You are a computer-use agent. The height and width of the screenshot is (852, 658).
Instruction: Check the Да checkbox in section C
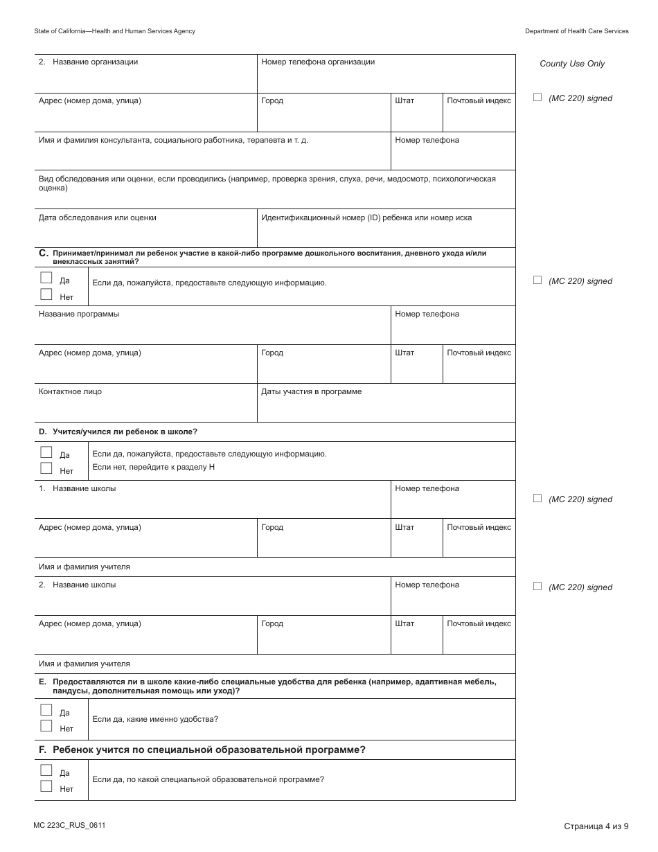tap(46, 278)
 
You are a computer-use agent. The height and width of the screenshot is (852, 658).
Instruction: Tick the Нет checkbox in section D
tap(46, 468)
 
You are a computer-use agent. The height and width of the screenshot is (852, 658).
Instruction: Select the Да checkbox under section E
tap(46, 710)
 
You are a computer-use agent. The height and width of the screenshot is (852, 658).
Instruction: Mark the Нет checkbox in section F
tap(46, 786)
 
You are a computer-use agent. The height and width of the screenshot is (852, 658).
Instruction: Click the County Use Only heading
tap(572, 64)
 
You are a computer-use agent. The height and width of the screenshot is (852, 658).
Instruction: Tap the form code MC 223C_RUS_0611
tap(69, 825)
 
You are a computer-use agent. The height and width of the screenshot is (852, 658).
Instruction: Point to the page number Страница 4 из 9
tap(596, 826)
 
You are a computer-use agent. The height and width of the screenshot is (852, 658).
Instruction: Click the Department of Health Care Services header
tap(576, 31)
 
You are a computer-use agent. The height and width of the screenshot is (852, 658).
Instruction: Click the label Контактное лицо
tap(70, 391)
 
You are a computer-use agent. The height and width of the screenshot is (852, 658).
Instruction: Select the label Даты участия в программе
tap(311, 391)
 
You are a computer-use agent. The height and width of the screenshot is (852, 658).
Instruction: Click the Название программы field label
tap(78, 314)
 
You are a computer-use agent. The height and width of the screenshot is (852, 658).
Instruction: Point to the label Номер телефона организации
tap(318, 62)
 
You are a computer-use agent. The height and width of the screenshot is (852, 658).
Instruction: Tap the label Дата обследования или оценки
tap(97, 218)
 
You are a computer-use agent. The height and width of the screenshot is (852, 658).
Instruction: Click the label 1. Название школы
tap(78, 488)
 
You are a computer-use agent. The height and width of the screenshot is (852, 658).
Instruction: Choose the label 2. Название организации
tap(88, 62)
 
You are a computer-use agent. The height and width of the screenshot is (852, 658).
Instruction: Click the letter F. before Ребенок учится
tap(43, 749)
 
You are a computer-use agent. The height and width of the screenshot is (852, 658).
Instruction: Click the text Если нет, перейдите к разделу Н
tap(154, 467)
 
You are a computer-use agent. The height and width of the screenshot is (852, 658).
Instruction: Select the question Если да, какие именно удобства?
tap(155, 719)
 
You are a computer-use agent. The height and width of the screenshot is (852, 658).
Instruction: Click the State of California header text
tap(114, 31)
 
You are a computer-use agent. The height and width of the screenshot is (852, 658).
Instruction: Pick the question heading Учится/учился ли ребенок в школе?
tap(125, 432)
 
